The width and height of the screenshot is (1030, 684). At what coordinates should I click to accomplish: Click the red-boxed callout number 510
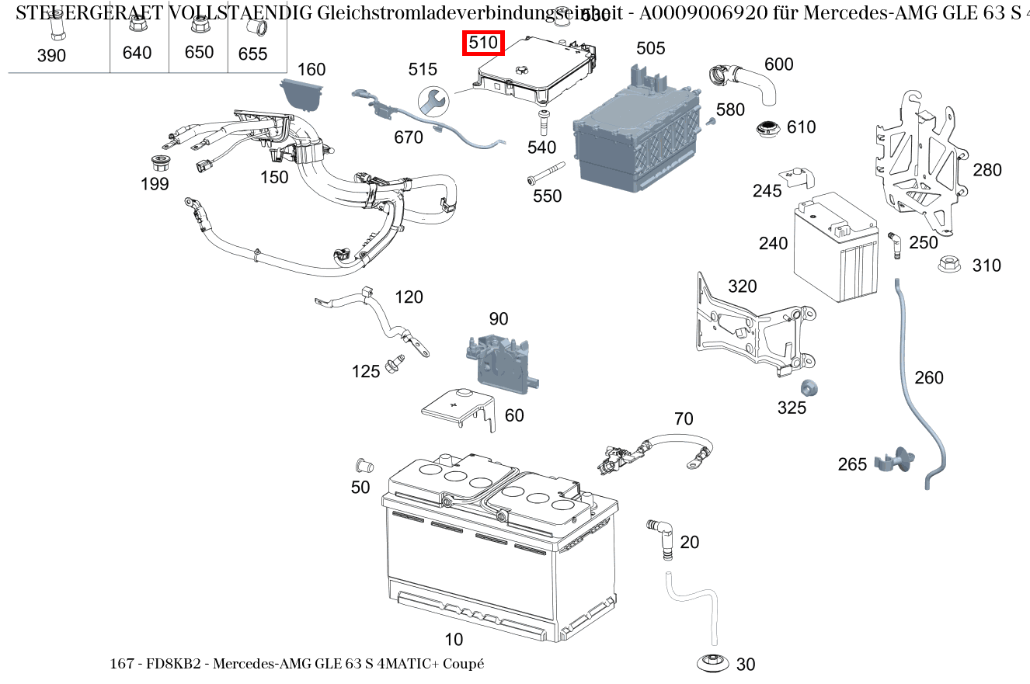tap(483, 43)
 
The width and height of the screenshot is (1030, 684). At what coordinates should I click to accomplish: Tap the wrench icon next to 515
tap(433, 100)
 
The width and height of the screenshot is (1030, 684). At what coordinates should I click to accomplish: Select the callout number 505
tap(650, 48)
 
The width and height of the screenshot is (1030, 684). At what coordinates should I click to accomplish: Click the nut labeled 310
tap(948, 264)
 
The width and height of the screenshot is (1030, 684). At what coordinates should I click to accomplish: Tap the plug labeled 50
tap(363, 467)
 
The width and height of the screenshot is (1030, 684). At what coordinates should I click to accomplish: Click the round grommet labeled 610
tap(770, 128)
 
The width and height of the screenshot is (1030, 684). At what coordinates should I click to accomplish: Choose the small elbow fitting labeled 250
tap(894, 245)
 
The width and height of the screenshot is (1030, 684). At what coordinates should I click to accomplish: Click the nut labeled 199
tap(159, 165)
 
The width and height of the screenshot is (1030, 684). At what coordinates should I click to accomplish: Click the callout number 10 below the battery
tap(454, 640)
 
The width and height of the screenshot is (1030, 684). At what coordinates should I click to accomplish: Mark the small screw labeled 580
tap(710, 121)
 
